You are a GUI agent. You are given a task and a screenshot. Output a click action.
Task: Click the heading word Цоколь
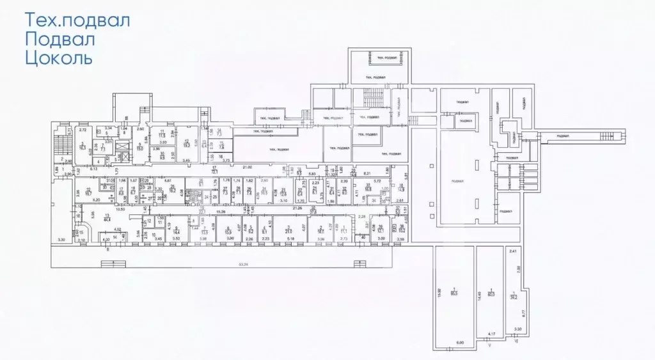58,59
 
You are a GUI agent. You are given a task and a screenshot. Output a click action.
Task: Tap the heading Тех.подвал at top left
77,20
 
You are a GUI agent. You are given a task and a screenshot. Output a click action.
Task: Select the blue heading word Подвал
59,40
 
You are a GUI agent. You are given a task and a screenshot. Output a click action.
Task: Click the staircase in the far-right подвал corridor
606,134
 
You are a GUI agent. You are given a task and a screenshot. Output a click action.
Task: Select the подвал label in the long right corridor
563,135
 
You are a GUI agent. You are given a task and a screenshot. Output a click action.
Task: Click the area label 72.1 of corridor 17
215,171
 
